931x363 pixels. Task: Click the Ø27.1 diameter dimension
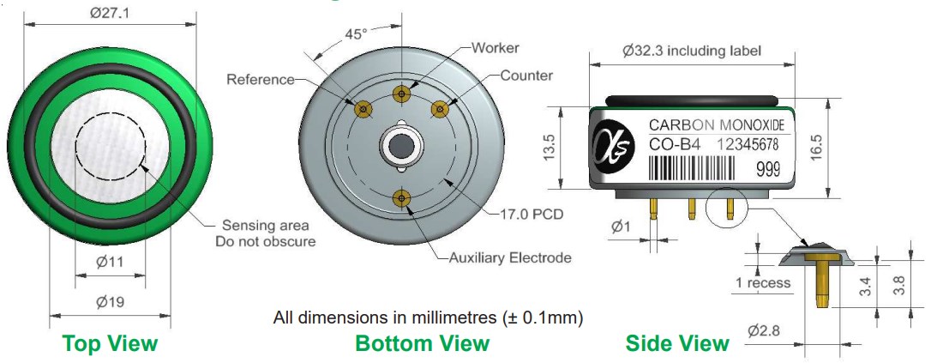[x=109, y=13]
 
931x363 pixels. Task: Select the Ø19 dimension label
[x=110, y=302]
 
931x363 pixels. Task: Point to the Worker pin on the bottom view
[x=403, y=94]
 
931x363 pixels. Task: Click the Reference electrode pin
[x=363, y=109]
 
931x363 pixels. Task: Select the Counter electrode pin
[x=440, y=109]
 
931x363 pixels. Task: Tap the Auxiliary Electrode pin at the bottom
[x=403, y=198]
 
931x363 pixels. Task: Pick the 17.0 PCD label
[x=530, y=214]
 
